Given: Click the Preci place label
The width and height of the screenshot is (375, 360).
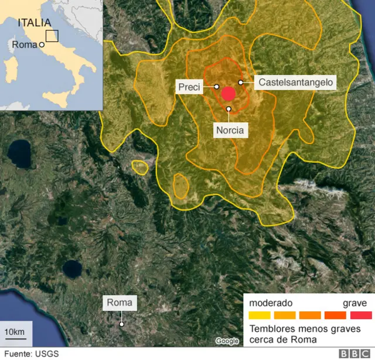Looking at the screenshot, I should tap(189, 88).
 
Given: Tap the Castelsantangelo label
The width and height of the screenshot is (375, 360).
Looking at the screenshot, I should tap(295, 83).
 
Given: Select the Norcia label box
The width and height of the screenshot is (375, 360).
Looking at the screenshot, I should tap(229, 130).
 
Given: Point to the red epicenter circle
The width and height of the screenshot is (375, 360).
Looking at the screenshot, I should tap(229, 94).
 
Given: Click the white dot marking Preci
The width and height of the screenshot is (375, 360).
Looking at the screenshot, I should tap(217, 87).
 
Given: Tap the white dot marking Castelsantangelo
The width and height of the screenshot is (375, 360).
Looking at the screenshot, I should tap(241, 83).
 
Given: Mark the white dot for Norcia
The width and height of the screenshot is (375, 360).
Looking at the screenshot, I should tap(229, 109).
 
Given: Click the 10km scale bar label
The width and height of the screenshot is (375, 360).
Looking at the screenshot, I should tap(15, 333).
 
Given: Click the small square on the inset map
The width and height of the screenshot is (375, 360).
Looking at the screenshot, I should tap(52, 36).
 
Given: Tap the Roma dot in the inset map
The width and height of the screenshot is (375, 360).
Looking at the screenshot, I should tap(42, 44).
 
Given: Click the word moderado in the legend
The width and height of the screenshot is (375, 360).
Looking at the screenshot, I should tap(271, 303).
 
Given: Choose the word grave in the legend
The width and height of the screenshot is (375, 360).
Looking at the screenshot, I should tap(355, 303).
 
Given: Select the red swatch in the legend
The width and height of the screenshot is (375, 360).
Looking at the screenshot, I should tap(360, 315).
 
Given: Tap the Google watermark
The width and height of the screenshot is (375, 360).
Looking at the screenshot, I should tap(227, 341).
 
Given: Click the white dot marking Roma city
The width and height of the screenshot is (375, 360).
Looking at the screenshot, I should tap(121, 324).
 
